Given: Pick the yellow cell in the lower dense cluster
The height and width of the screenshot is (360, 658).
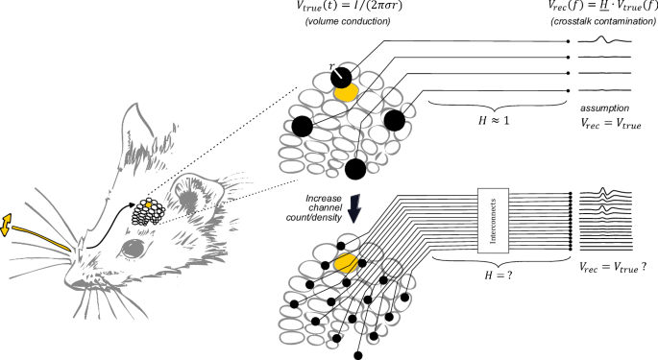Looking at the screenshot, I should pyautogui.click(x=347, y=261).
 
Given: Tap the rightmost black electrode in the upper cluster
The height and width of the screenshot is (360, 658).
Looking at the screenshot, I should pyautogui.click(x=394, y=120).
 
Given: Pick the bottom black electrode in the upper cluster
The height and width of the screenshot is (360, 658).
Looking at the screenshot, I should pyautogui.click(x=356, y=170).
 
